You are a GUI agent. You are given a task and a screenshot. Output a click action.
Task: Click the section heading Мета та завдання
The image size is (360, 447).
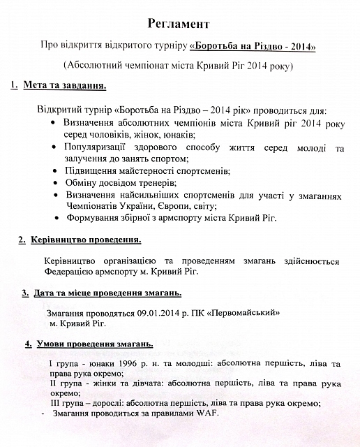click(67, 86)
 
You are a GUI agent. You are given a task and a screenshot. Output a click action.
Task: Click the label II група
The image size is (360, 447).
click(68, 384)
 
